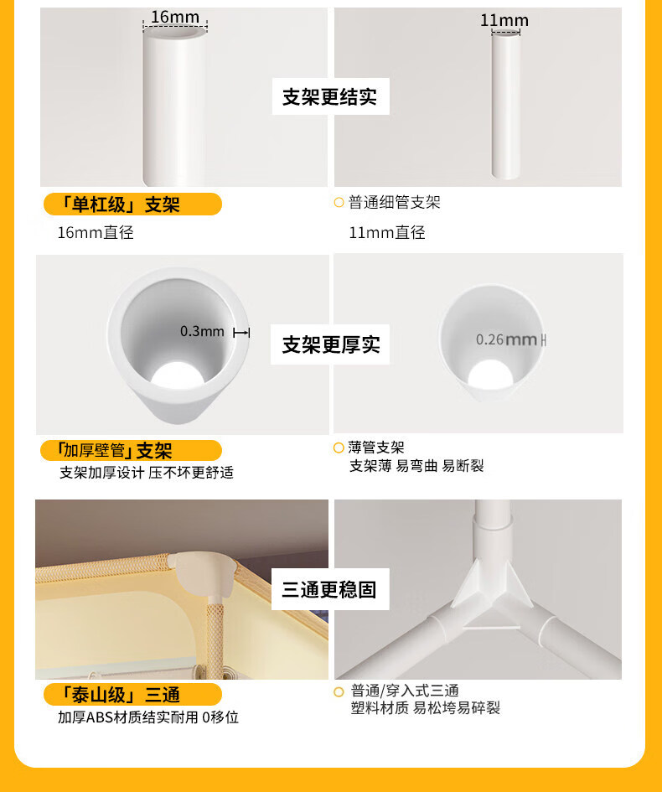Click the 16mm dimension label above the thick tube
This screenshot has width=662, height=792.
tap(174, 17)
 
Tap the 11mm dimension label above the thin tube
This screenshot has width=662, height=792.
tap(504, 21)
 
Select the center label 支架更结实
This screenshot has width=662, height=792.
tap(330, 96)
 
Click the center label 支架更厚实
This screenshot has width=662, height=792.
tap(330, 344)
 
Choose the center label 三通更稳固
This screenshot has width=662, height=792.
tap(329, 589)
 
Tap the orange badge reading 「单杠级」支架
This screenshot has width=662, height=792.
tap(132, 204)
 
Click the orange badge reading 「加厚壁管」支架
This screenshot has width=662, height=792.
tap(132, 450)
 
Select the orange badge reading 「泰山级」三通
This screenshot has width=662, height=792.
tap(132, 695)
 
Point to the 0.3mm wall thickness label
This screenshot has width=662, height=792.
tap(202, 331)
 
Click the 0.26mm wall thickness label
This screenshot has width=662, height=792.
tap(506, 339)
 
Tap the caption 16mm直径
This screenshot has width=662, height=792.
tap(96, 232)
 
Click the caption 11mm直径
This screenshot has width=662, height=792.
tap(387, 232)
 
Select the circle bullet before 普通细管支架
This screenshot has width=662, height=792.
tap(339, 203)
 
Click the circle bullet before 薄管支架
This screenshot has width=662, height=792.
tap(339, 448)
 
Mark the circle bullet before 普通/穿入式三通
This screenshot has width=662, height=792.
tap(339, 692)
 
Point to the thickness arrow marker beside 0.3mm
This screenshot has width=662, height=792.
tap(241, 333)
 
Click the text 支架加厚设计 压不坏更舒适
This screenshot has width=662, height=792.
tap(147, 473)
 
